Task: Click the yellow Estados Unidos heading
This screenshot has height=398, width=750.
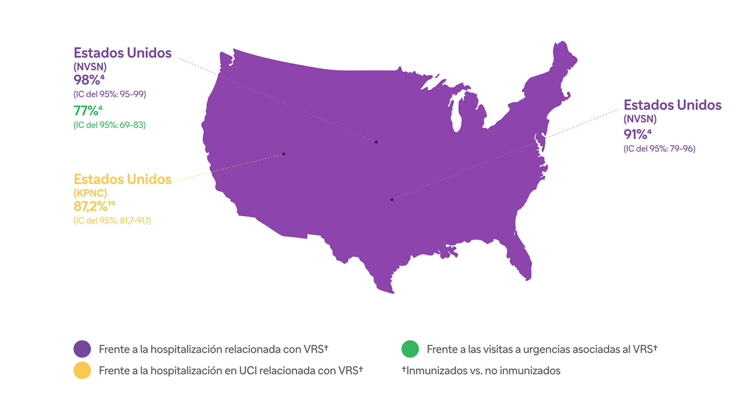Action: pos(123,179)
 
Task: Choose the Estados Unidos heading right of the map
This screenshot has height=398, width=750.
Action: pos(672,105)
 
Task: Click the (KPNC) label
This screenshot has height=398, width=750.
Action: pos(90,193)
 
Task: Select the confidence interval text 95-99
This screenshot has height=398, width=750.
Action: pos(110,94)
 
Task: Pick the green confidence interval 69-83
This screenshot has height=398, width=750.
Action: pos(110,125)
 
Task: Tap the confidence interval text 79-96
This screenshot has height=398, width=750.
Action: pos(659,149)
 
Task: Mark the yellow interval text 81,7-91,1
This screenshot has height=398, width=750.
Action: pos(112,221)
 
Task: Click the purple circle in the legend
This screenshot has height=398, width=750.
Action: pos(82,349)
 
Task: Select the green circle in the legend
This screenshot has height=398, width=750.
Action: pos(410,349)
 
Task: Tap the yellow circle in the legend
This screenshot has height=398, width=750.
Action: pos(82,371)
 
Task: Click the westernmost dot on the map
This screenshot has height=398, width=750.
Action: pos(284,154)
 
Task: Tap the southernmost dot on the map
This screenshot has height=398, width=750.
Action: pos(392,200)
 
